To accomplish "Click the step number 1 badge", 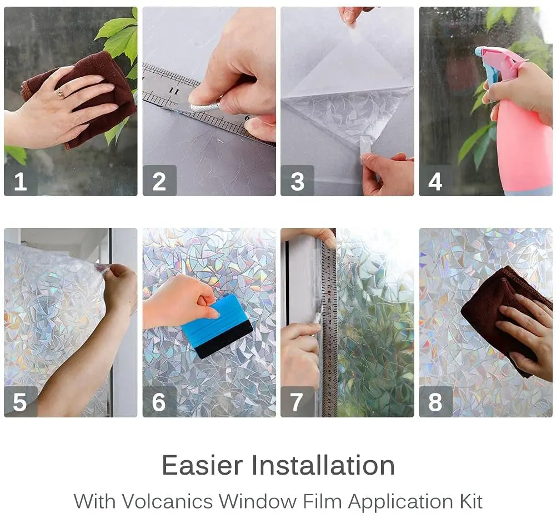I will click(x=21, y=181).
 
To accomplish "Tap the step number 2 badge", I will click(x=159, y=181).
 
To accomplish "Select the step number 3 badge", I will click(x=297, y=181).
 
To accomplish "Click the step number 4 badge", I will click(x=435, y=181).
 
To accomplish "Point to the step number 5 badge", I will click(x=21, y=402).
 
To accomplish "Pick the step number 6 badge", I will click(x=159, y=402).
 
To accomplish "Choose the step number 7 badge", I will click(x=297, y=402).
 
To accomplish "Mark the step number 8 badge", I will click(x=435, y=402).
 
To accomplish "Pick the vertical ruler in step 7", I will click(x=329, y=333).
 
